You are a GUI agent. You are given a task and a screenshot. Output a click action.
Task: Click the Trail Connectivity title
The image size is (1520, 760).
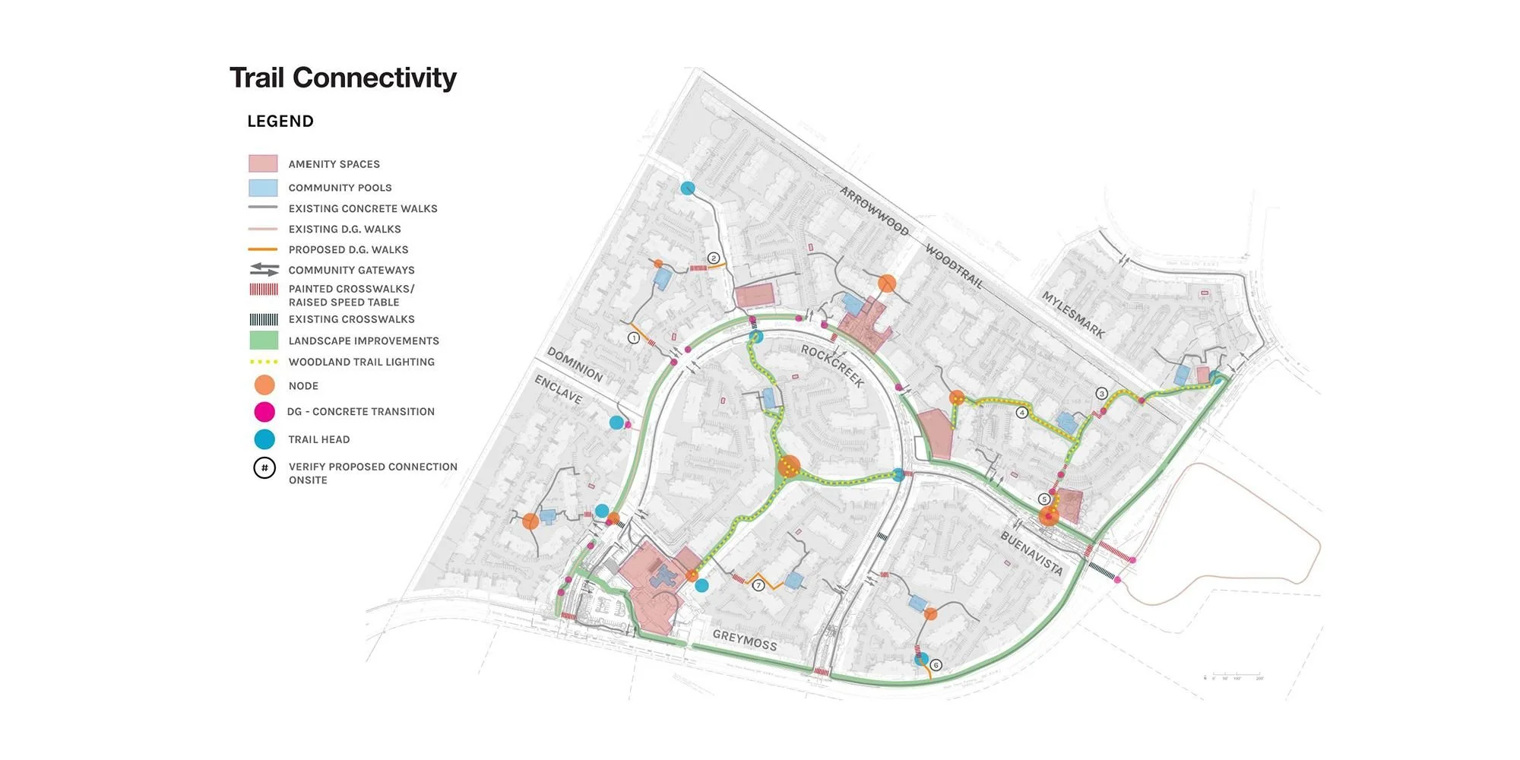click(x=343, y=78)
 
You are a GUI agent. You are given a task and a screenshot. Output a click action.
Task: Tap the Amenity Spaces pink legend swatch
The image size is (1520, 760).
click(x=263, y=163)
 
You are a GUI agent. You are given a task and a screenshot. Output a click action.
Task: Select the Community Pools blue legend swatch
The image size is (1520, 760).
click(x=263, y=188)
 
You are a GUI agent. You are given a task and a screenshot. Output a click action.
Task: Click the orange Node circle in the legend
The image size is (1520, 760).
click(x=264, y=385)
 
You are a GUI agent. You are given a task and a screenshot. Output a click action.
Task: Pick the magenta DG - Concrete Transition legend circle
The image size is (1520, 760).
click(x=264, y=412)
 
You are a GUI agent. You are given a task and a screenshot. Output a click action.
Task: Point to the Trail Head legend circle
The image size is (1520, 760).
click(x=264, y=439)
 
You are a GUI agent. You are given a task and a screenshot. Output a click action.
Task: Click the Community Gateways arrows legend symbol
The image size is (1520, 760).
click(x=264, y=270)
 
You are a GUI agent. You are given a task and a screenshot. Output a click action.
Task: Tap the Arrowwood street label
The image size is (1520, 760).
click(x=874, y=211)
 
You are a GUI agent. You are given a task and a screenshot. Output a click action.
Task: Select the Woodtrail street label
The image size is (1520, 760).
click(x=954, y=266)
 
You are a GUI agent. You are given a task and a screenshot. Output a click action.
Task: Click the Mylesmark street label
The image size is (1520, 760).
click(x=1072, y=314)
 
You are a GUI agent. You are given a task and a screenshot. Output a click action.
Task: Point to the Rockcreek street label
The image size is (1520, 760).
click(x=832, y=366)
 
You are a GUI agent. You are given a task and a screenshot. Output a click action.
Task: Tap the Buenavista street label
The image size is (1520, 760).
click(x=1031, y=553)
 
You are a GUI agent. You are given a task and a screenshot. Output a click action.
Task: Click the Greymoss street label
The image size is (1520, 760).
click(x=745, y=641)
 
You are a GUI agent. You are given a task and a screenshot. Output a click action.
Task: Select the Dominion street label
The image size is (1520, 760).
click(x=575, y=365)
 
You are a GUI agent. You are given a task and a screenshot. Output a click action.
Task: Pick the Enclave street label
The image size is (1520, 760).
click(x=558, y=389)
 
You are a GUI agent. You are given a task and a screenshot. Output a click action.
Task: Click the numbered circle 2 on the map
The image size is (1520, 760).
click(x=714, y=258)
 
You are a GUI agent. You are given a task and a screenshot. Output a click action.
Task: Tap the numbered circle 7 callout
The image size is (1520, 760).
click(x=758, y=585)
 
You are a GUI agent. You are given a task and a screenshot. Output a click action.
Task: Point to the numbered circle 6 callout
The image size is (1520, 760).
click(x=936, y=665)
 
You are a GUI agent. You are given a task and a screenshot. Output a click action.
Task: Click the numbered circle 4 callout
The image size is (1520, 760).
click(x=1022, y=413)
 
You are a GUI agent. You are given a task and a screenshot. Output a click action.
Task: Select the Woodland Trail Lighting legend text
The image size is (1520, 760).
click(x=361, y=363)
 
